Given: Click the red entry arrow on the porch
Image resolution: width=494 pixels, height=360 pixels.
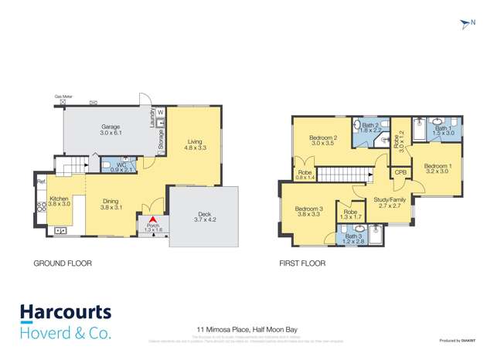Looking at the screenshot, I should tap(152, 221).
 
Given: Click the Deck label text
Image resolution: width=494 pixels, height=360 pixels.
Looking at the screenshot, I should tap(203, 214).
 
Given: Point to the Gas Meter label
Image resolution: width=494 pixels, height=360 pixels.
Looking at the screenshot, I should tap(63, 97).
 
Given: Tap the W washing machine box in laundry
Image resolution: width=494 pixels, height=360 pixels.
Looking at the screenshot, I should tap(161, 114).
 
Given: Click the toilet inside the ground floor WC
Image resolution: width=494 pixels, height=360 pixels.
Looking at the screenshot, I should tap(105, 165).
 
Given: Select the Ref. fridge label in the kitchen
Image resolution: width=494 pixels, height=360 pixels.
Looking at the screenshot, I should tap(40, 182).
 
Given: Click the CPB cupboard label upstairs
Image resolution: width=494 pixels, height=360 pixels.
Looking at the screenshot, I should tap(400, 173).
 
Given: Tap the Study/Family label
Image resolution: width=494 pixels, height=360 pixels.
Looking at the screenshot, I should tap(390, 199).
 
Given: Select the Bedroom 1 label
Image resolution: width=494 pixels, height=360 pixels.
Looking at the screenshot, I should tap(437, 165).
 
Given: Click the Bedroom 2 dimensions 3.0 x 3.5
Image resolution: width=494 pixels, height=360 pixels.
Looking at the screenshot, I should tap(323, 144).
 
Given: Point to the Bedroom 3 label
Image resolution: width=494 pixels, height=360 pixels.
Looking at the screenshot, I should tap(308, 209).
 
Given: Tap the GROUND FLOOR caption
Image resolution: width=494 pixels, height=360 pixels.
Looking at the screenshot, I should tap(62, 263).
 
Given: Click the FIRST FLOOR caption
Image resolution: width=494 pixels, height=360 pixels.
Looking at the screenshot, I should tap(302, 263).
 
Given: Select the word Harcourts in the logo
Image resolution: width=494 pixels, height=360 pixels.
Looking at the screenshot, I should tap(65, 313).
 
